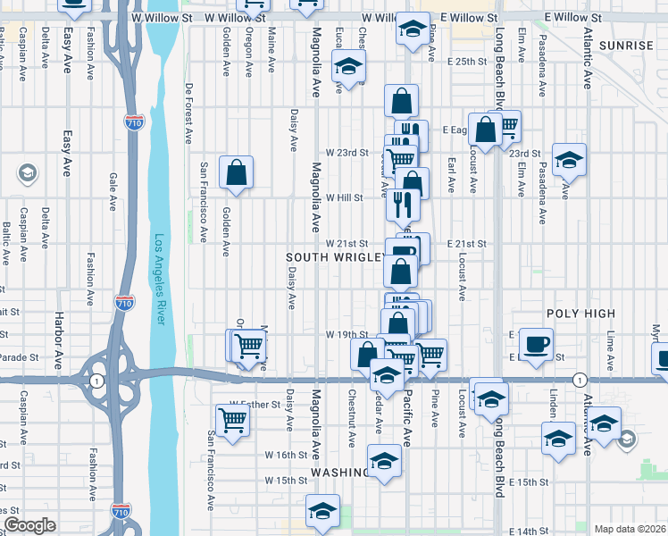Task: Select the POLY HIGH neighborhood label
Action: (580, 314)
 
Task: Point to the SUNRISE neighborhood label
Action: (627, 45)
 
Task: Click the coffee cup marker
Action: (536, 344)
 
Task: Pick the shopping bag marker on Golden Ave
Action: (236, 172)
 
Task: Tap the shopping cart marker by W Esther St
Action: (232, 420)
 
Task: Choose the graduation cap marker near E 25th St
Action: (348, 67)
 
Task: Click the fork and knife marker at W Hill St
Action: (404, 204)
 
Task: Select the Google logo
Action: (30, 525)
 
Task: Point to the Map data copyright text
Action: (629, 529)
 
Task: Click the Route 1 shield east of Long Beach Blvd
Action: (580, 379)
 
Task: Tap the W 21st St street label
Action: (347, 243)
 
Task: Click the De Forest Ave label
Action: (189, 114)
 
